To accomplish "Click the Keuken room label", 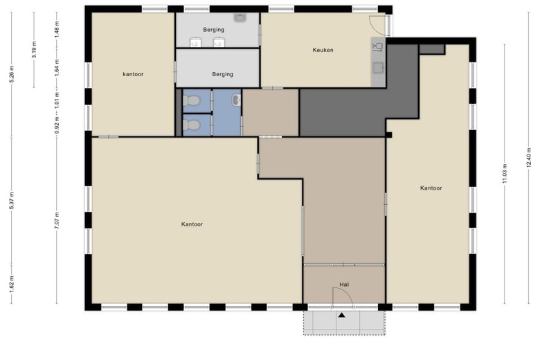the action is [323, 50].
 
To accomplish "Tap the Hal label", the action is [344, 285].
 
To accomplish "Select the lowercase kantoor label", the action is [133, 74].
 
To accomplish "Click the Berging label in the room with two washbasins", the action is [213, 30].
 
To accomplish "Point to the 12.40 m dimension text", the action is [529, 158].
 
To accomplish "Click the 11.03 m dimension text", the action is [505, 173].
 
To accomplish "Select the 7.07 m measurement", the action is [57, 220].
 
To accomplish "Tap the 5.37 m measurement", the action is [11, 200].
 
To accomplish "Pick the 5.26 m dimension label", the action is [11, 73].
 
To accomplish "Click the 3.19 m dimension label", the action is [34, 50].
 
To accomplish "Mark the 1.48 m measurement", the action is [57, 29].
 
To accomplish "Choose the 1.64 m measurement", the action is [57, 68].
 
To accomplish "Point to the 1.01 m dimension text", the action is [57, 99].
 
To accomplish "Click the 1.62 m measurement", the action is [11, 284].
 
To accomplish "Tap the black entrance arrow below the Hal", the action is [341, 315].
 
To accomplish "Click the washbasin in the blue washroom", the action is [236, 100].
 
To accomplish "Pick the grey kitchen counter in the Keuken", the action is [378, 62].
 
